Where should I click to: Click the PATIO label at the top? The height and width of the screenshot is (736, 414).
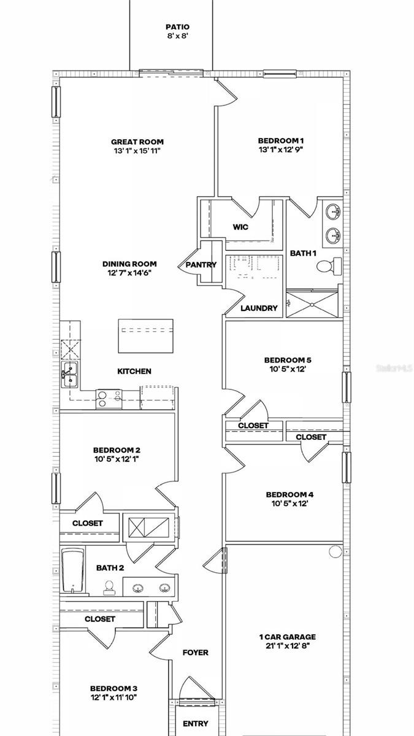coord(177,27)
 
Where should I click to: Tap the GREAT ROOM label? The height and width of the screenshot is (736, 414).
coord(137,142)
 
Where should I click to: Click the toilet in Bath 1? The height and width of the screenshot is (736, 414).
coord(324,266)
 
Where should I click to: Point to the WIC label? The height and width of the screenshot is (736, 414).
coord(240,227)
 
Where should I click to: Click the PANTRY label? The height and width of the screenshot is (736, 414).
coord(201,265)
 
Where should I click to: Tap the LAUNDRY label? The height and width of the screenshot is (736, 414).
coord(259,308)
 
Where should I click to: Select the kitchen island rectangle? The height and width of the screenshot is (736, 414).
coord(145,336)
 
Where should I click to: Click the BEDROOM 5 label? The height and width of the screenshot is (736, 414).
coord(284,360)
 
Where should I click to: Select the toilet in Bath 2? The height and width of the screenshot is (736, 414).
coord(110,588)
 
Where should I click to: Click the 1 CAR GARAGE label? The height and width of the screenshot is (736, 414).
coord(287,637)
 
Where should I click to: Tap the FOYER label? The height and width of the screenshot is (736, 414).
coord(195,653)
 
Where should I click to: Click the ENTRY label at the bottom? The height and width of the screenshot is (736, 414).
coord(195,724)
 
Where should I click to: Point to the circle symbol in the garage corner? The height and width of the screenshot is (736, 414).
coord(335,551)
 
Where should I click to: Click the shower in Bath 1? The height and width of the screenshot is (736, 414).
coord(312,304)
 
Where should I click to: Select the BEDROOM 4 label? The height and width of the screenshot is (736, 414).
coord(286,494)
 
